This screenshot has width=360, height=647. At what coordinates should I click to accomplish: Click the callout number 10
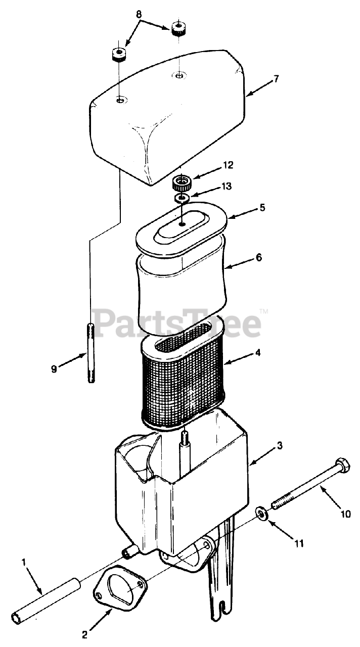pos(346,514)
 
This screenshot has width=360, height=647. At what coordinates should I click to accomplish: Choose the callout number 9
pos(54,369)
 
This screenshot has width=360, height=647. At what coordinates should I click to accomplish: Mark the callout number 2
pos(85,634)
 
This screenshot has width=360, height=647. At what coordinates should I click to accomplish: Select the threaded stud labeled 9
pos(92,354)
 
